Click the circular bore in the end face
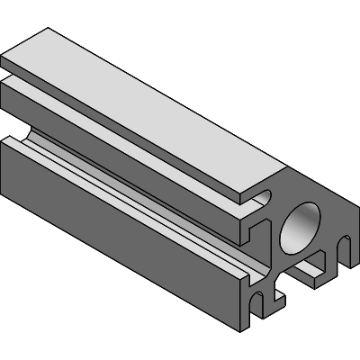(301, 227)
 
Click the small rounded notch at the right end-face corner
(344, 243)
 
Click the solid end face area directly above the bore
(310, 196)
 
